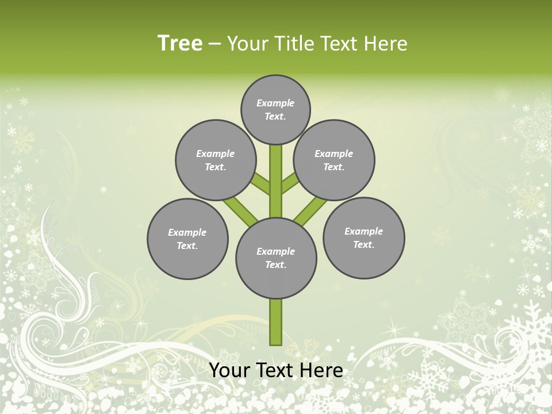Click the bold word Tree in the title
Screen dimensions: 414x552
click(180, 44)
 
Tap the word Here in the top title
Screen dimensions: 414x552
click(385, 44)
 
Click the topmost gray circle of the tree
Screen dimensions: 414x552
click(275, 109)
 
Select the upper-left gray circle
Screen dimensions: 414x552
click(215, 160)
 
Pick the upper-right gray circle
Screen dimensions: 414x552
click(334, 160)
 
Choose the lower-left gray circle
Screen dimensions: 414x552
click(187, 239)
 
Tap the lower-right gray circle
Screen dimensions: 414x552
click(363, 237)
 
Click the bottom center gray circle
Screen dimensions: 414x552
click(276, 258)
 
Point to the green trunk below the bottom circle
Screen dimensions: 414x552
click(276, 322)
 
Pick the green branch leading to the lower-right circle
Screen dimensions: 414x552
click(309, 210)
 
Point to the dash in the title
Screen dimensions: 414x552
click(214, 44)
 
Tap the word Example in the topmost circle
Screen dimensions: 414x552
click(275, 103)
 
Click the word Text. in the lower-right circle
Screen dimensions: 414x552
click(363, 244)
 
